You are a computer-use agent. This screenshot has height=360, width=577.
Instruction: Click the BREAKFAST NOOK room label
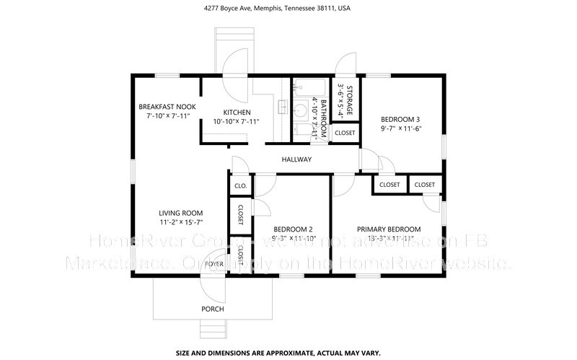click(167, 107)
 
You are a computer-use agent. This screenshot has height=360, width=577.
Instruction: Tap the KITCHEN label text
click(237, 113)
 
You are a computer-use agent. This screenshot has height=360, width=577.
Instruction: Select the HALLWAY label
click(296, 159)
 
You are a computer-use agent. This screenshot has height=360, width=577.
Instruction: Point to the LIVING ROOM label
click(180, 213)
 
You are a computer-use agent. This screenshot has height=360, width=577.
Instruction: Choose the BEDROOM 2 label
click(286, 229)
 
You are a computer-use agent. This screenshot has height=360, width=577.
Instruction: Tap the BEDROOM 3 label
click(400, 120)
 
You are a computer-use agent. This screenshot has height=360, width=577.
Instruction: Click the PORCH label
click(212, 309)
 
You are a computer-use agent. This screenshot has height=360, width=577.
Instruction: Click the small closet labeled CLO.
click(239, 186)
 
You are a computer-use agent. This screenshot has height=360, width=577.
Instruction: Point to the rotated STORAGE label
click(349, 100)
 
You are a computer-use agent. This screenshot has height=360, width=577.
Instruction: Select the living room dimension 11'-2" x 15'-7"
click(180, 223)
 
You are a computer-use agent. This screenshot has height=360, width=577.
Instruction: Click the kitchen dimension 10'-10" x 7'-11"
click(237, 122)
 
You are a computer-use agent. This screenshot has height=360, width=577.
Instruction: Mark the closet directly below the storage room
click(344, 133)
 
